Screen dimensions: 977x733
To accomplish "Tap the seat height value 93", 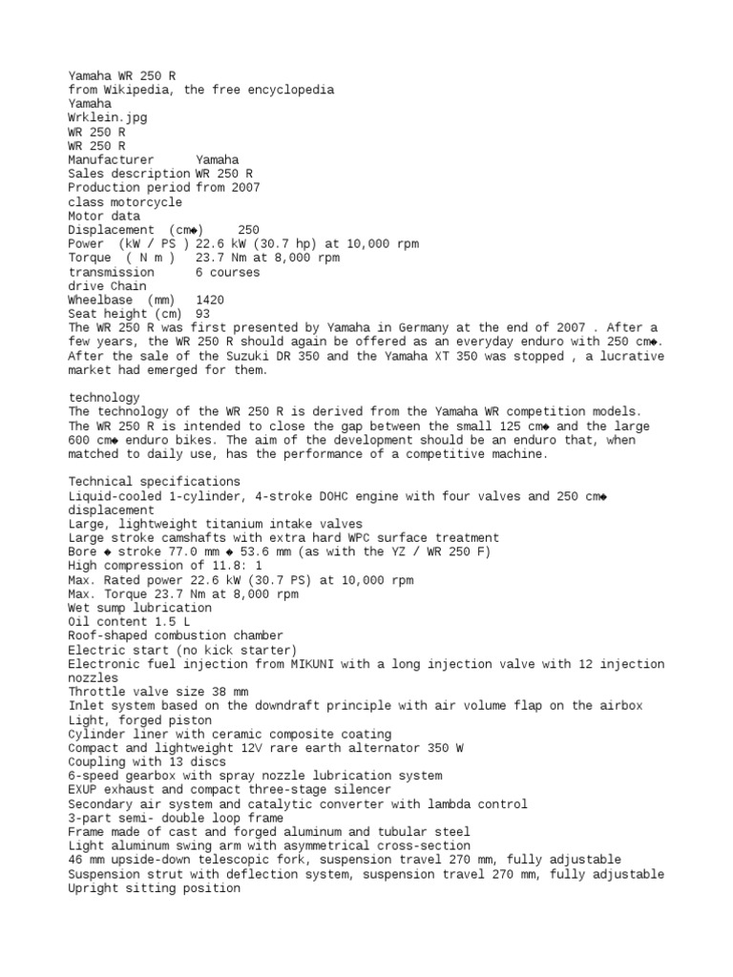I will [x=202, y=314].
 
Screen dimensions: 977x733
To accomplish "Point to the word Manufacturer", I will [x=111, y=159].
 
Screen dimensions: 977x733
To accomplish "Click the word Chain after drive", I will [x=129, y=285].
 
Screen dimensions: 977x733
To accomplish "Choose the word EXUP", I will [x=83, y=790].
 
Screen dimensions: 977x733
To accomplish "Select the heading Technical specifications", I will [x=154, y=482].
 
